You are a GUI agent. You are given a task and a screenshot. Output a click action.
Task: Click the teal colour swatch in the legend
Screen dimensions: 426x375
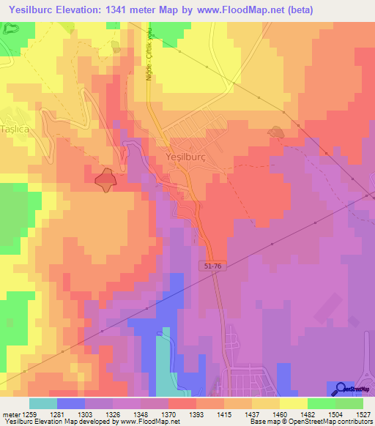42,403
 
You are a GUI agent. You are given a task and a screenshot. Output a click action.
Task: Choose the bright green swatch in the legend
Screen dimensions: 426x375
321,403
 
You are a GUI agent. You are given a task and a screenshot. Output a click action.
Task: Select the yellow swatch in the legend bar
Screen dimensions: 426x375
293,403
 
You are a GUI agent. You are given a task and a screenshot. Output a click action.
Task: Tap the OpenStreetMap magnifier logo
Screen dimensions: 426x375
341,389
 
